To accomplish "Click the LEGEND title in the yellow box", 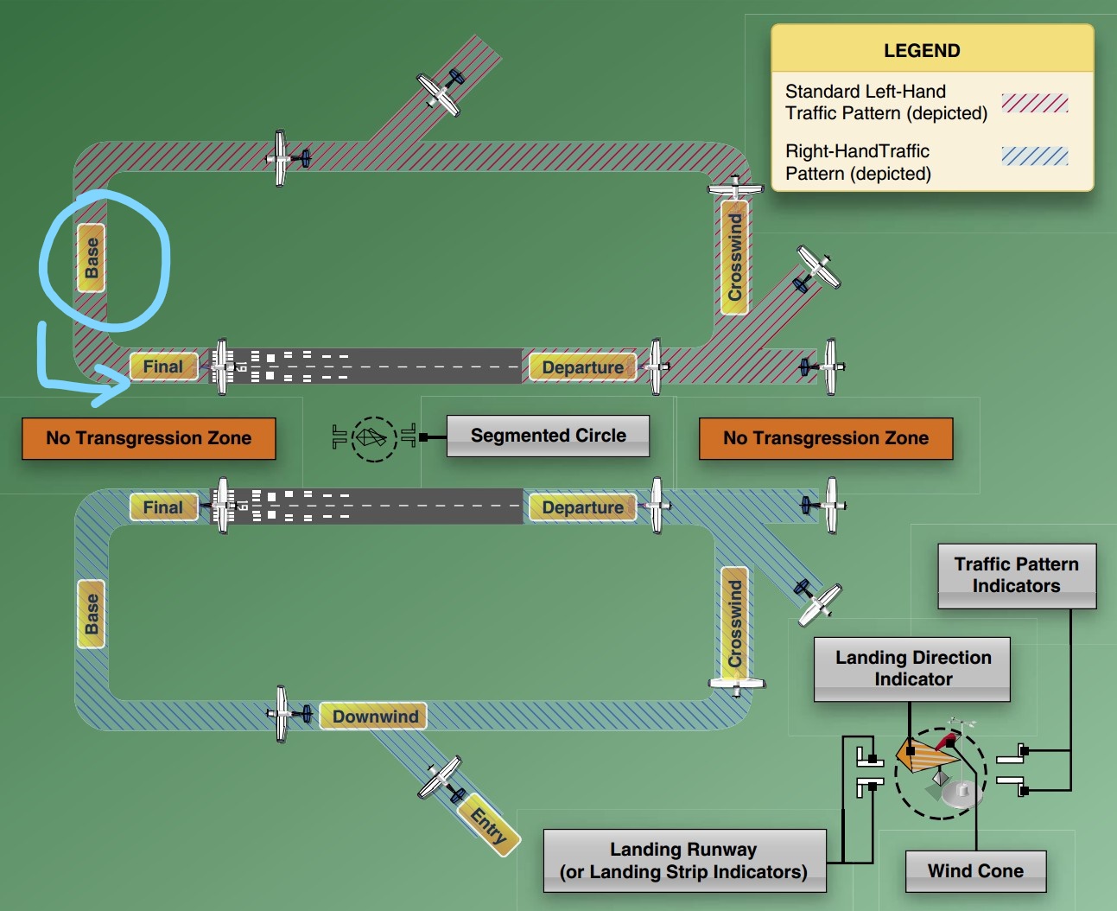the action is pyautogui.click(x=922, y=50).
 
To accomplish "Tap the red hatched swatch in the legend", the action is pyautogui.click(x=1035, y=103).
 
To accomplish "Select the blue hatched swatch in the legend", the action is pyautogui.click(x=1035, y=156).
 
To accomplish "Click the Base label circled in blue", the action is pyautogui.click(x=92, y=258).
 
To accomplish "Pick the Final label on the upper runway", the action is pyautogui.click(x=163, y=366).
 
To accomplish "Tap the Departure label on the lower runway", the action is pyautogui.click(x=582, y=507).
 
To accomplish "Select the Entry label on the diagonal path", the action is pyautogui.click(x=489, y=825).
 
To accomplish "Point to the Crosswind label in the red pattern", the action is pyautogui.click(x=734, y=258).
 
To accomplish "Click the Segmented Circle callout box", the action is pyautogui.click(x=548, y=436).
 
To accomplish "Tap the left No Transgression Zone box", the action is pyautogui.click(x=149, y=438).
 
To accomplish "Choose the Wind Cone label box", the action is pyautogui.click(x=975, y=871).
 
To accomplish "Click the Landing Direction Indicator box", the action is pyautogui.click(x=912, y=669).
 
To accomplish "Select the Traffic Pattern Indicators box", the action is pyautogui.click(x=1017, y=576).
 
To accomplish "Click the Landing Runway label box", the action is pyautogui.click(x=684, y=861).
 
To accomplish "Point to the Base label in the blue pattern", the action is pyautogui.click(x=92, y=614).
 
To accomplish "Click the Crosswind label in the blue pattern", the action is pyautogui.click(x=734, y=623).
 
